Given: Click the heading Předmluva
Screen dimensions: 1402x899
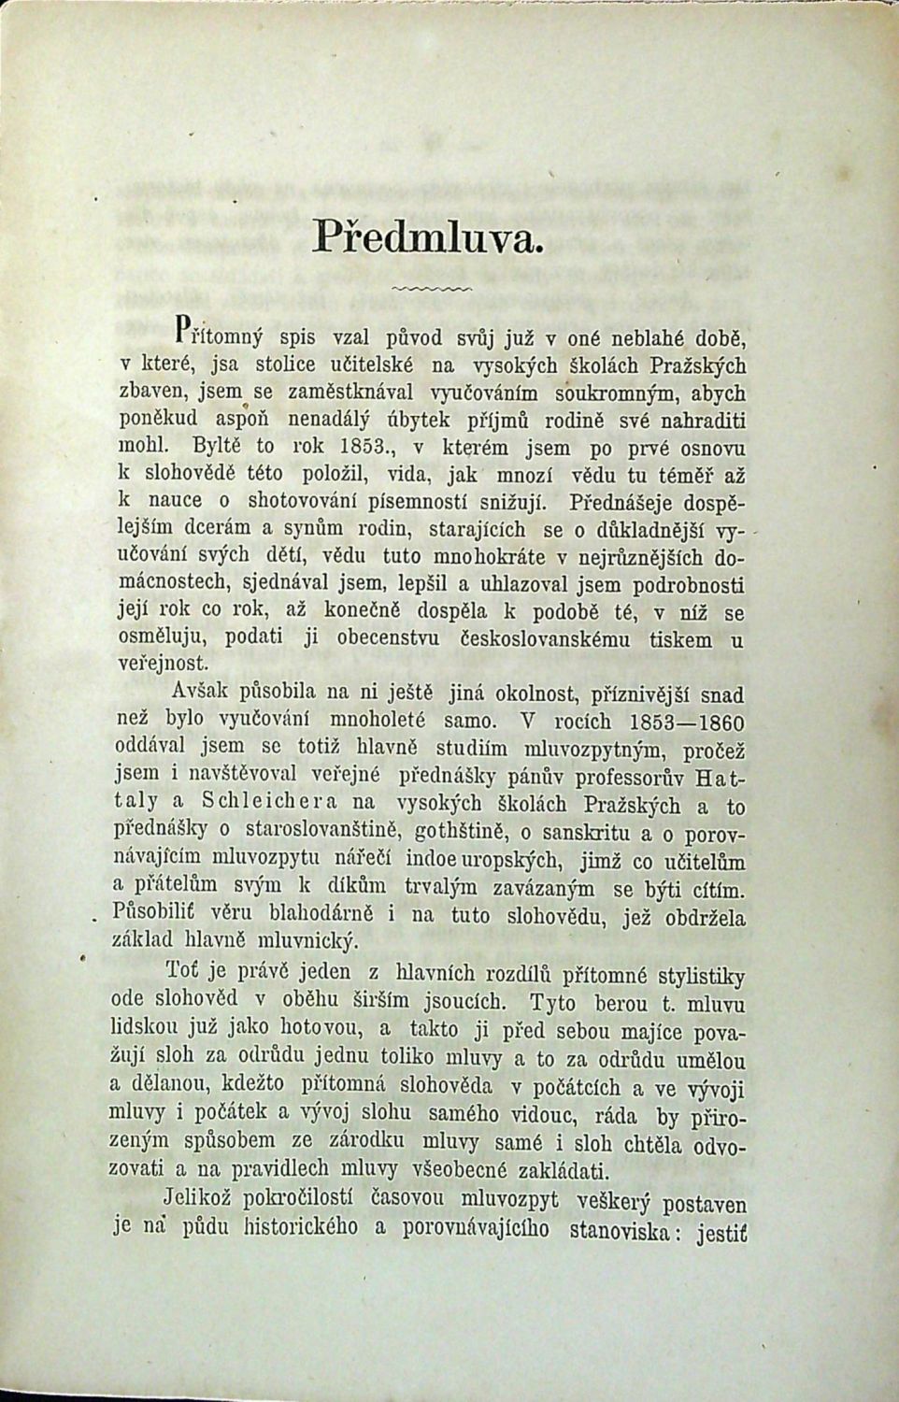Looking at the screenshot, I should coord(429,235).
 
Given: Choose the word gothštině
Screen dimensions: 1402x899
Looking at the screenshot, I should coord(454,831).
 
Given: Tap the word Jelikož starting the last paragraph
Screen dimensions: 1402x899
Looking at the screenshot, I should coord(207,1199).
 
